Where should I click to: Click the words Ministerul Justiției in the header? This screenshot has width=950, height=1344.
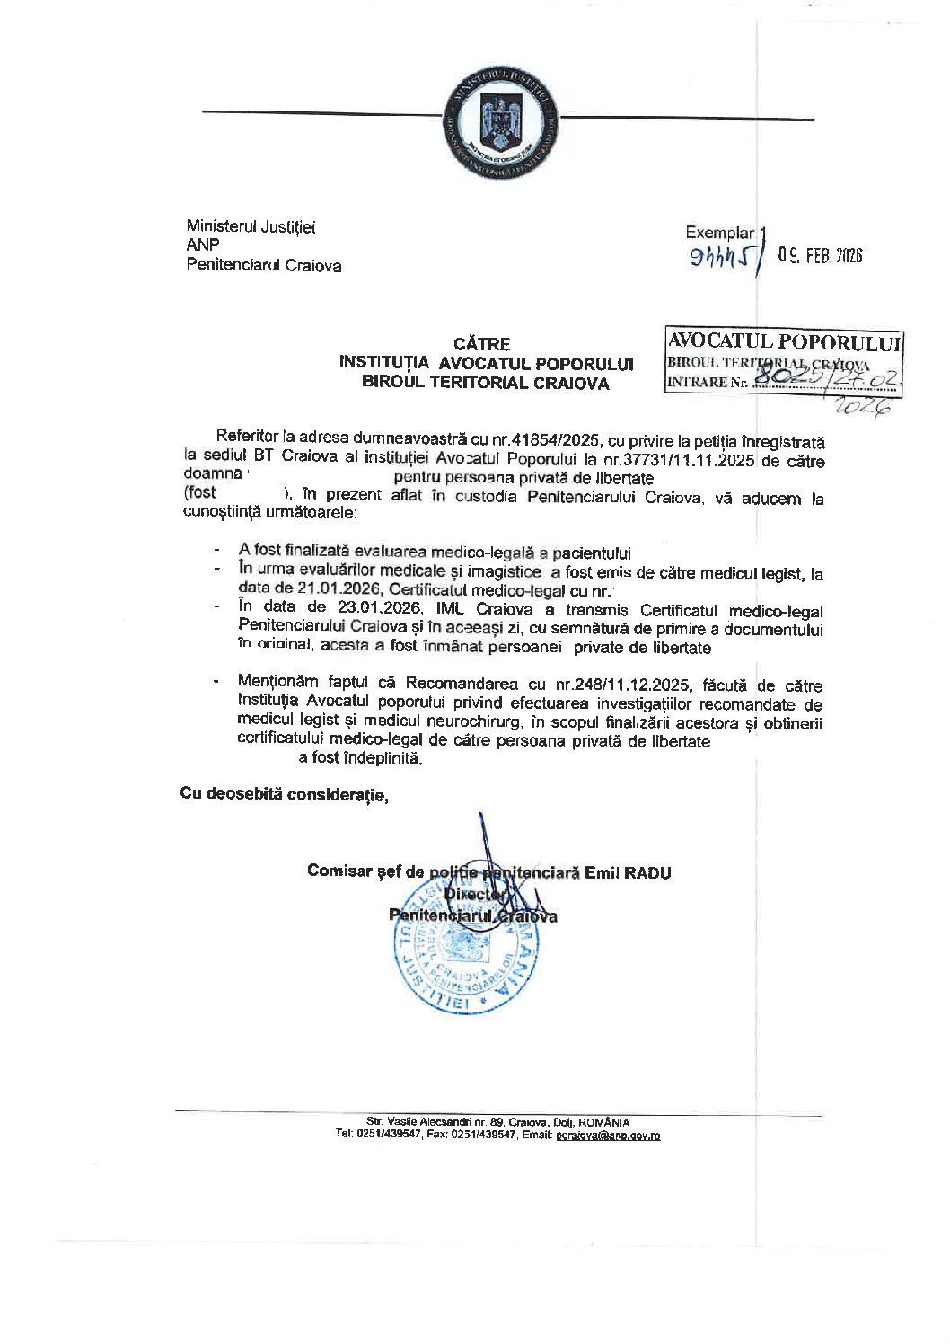pyautogui.click(x=251, y=226)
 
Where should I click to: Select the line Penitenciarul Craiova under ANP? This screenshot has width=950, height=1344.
pyautogui.click(x=263, y=265)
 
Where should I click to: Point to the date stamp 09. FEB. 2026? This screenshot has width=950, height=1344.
pyautogui.click(x=820, y=256)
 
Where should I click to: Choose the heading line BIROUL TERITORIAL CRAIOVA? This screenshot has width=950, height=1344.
pyautogui.click(x=485, y=383)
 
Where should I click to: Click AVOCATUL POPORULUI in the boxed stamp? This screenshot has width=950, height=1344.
pyautogui.click(x=784, y=341)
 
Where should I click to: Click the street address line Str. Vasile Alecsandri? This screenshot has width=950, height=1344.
pyautogui.click(x=498, y=1122)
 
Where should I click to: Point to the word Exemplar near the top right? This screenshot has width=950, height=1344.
pyautogui.click(x=719, y=233)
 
